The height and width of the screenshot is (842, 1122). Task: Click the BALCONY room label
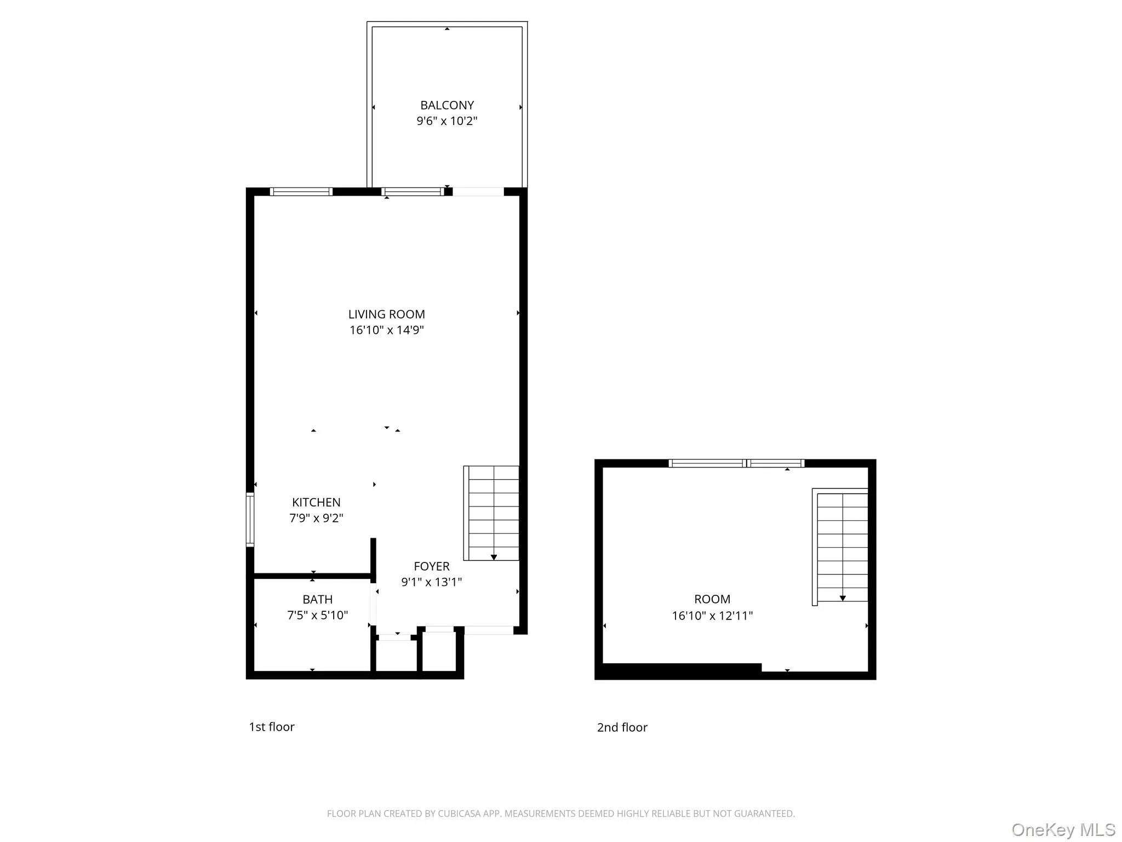click(446, 105)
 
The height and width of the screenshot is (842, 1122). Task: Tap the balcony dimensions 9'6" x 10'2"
click(446, 121)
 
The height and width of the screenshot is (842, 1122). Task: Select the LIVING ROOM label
click(386, 314)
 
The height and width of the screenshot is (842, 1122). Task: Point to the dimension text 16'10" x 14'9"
click(386, 330)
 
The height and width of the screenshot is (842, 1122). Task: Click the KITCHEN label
click(316, 502)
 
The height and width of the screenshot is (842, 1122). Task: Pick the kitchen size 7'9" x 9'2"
click(316, 518)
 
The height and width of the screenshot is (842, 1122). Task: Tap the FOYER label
click(431, 566)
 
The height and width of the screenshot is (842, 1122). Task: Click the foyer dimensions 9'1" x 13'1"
click(431, 582)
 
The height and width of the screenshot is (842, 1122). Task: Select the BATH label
click(317, 600)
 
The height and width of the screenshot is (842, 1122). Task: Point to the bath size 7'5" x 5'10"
click(317, 616)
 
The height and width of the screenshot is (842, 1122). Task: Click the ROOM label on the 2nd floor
click(712, 599)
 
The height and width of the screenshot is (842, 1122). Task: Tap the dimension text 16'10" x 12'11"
click(712, 616)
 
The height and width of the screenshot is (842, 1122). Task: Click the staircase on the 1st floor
click(491, 513)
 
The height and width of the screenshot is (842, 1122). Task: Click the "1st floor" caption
click(272, 727)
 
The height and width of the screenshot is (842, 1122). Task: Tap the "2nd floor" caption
click(622, 727)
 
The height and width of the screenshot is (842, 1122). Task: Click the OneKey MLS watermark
click(1062, 830)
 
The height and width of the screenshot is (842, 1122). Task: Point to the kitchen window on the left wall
click(250, 520)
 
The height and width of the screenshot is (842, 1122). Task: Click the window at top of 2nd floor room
click(736, 463)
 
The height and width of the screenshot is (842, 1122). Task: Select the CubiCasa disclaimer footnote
click(560, 813)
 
